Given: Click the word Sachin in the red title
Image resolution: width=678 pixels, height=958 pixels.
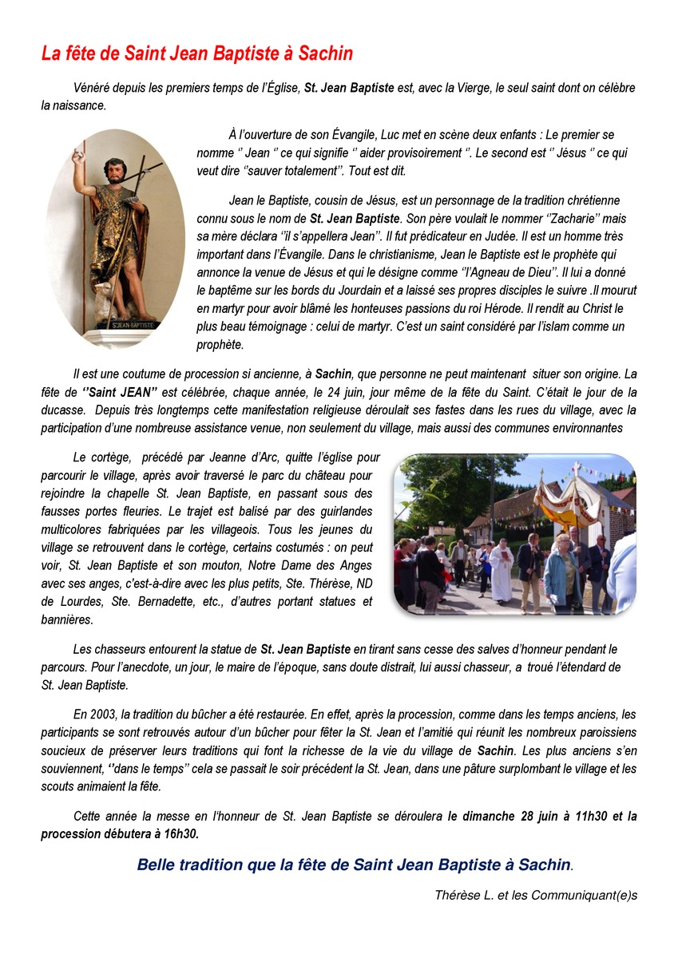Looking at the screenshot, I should coord(326,53).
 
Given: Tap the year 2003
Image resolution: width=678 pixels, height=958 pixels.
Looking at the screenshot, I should coord(103,714).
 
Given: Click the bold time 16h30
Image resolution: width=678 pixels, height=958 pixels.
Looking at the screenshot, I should coord(181,833).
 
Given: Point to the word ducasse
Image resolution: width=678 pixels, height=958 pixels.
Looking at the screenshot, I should coord(63,410).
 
